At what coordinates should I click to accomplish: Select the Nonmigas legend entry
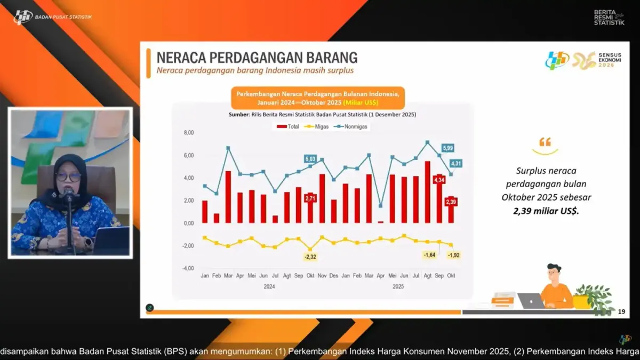point(353,126)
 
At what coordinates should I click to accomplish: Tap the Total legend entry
point(287,126)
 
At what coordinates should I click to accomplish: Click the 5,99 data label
point(447,148)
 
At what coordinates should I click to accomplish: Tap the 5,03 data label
point(310,158)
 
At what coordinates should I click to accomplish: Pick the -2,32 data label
point(310,258)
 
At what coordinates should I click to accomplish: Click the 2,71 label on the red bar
point(310,198)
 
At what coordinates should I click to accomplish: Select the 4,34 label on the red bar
point(439,180)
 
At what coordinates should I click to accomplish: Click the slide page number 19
point(621,311)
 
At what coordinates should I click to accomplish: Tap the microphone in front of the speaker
point(69,193)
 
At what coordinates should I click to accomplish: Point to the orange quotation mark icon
point(545,142)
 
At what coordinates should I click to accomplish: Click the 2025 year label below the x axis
point(397,286)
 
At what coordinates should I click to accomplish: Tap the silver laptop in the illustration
point(531,301)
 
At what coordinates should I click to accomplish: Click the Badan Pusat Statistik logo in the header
point(23,17)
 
